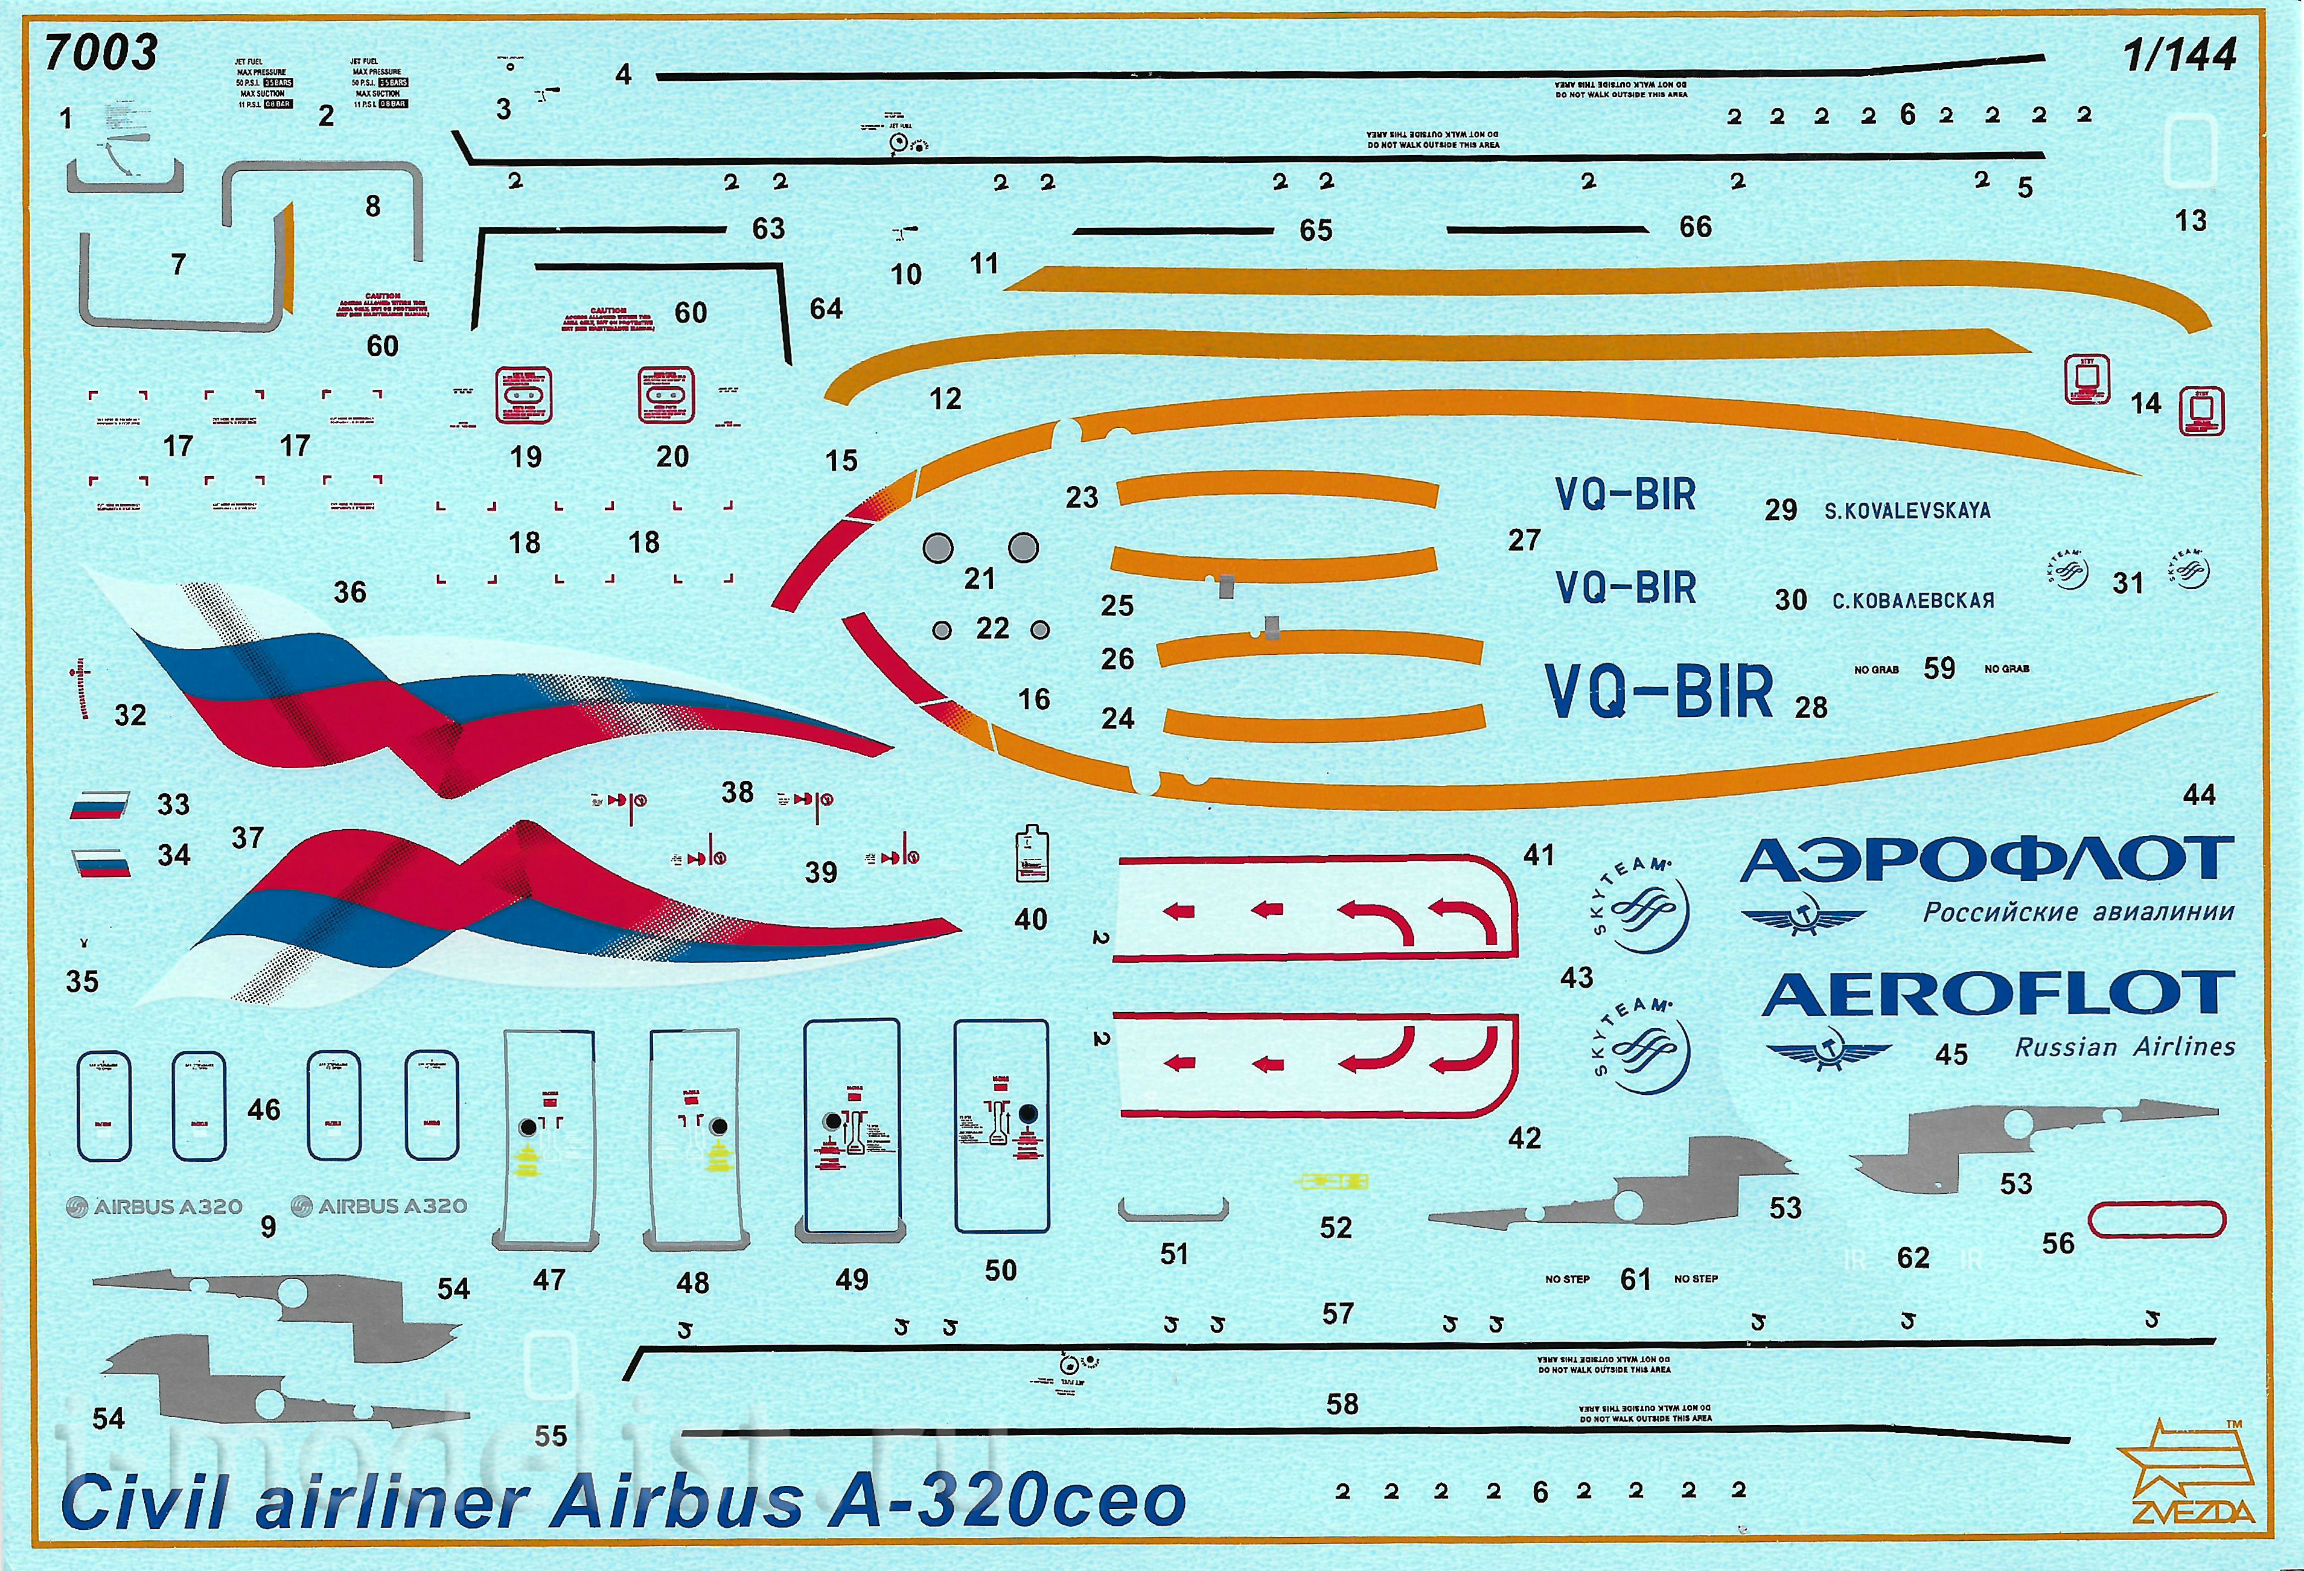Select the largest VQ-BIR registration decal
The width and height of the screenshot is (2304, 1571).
[x=1659, y=691]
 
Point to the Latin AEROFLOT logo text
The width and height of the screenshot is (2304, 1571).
[x=1997, y=994]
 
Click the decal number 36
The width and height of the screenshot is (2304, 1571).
[x=350, y=593]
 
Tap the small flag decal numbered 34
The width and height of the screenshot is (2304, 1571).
[x=101, y=862]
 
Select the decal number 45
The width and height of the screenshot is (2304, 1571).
[x=1951, y=1054]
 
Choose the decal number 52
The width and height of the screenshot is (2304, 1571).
[x=1335, y=1228]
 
